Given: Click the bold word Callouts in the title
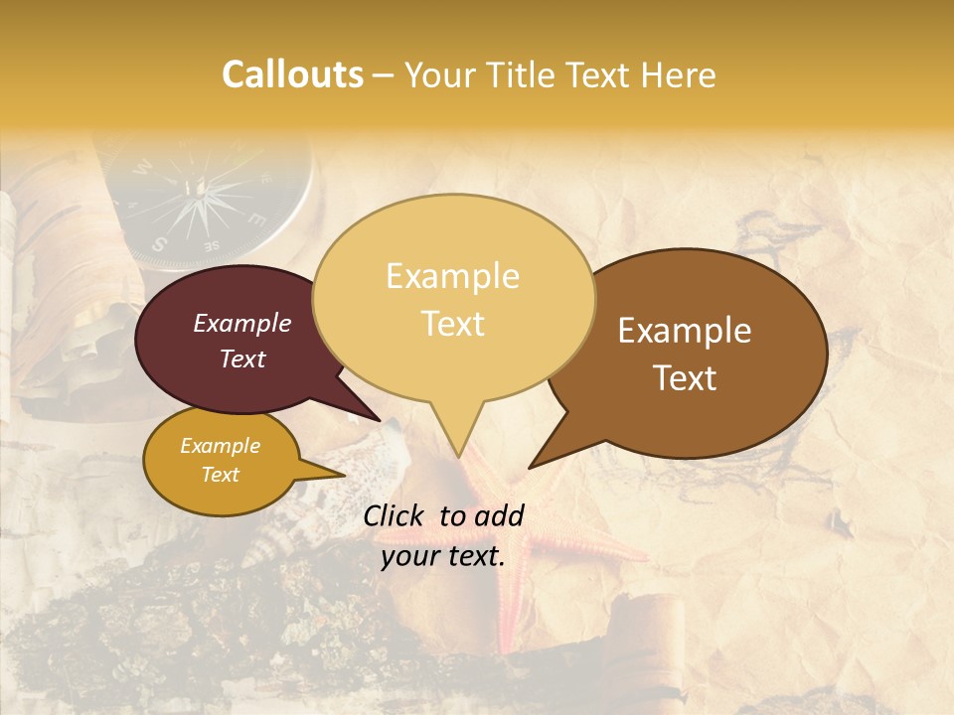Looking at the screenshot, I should pyautogui.click(x=292, y=74).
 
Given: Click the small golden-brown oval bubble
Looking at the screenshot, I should pyautogui.click(x=220, y=461).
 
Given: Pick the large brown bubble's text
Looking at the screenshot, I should pyautogui.click(x=685, y=354).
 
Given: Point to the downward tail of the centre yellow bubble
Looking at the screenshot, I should pyautogui.click(x=458, y=432).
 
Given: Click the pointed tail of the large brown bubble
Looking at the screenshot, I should pyautogui.click(x=547, y=452).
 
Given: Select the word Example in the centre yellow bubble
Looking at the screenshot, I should pyautogui.click(x=452, y=276).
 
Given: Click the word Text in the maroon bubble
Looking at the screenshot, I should pyautogui.click(x=242, y=359).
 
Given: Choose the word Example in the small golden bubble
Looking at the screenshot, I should pyautogui.click(x=220, y=446).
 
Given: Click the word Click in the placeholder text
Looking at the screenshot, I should pyautogui.click(x=395, y=515).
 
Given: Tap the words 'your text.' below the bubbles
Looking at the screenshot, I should pyautogui.click(x=443, y=556).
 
